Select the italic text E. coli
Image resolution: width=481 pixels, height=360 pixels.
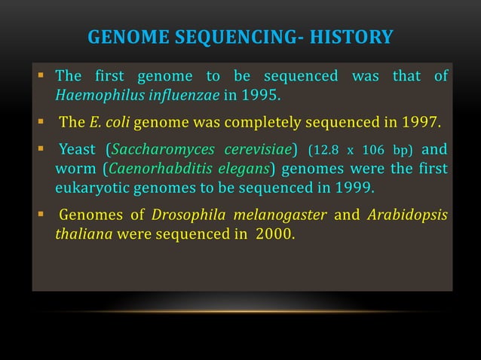tap(112, 123)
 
